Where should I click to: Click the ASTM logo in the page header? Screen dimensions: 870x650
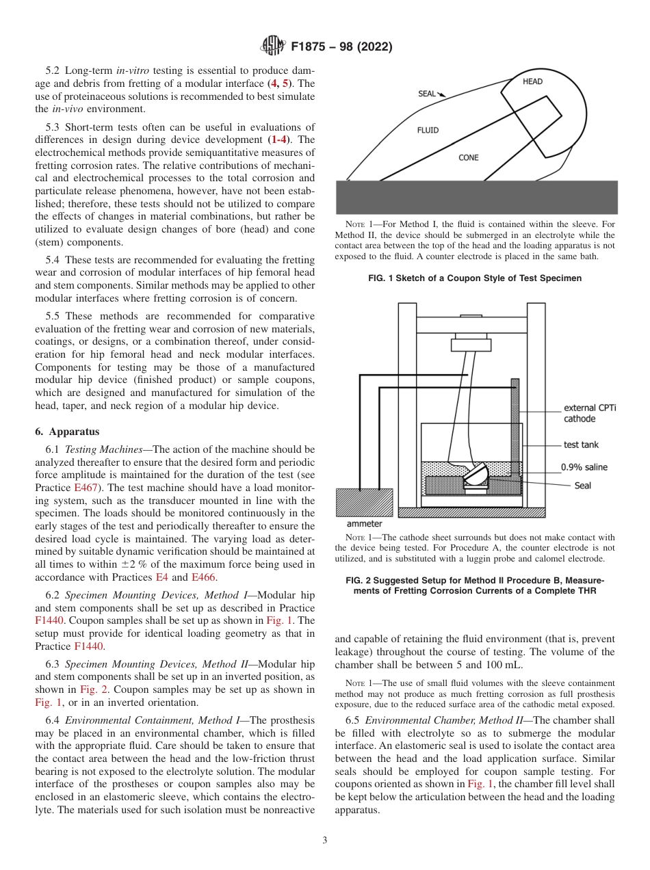[x=274, y=47]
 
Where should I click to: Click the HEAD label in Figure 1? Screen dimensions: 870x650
[x=532, y=81]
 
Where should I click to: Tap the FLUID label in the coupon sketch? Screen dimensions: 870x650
[x=428, y=130]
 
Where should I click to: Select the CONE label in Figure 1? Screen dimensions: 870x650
[x=469, y=157]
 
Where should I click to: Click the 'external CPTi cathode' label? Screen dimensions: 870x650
[x=589, y=413]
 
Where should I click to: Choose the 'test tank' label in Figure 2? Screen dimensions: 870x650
[x=581, y=445]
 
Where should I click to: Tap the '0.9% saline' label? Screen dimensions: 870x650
[x=584, y=467]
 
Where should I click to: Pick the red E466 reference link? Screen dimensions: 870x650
[x=204, y=577]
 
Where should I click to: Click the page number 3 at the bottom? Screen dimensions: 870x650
[x=324, y=840]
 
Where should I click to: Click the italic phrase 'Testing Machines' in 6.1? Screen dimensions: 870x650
[x=107, y=449]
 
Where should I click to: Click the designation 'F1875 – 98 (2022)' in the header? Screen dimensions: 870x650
[x=341, y=47]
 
